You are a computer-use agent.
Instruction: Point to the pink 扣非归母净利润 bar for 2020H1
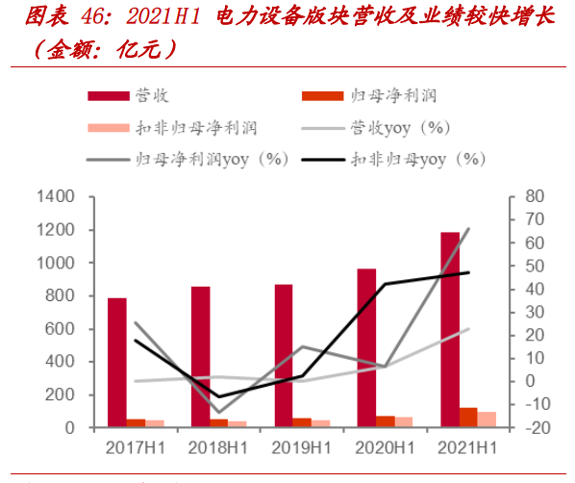click(403, 422)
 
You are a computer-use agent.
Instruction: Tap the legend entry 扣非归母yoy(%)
click(417, 158)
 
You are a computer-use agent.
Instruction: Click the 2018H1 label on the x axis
click(218, 448)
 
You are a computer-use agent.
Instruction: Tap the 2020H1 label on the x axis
click(385, 448)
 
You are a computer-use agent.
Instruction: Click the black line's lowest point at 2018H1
click(219, 396)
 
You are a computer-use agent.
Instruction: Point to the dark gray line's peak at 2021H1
click(468, 229)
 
